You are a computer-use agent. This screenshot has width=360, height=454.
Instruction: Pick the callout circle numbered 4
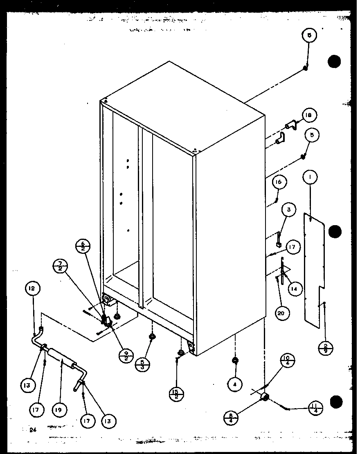(235, 384)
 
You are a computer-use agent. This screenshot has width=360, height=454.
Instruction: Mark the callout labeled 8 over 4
(232, 419)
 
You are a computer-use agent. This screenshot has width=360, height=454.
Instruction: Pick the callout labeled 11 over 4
(33, 289)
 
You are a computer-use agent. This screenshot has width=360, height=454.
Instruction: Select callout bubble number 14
(278, 183)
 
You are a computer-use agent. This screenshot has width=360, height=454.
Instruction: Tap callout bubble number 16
(308, 116)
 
